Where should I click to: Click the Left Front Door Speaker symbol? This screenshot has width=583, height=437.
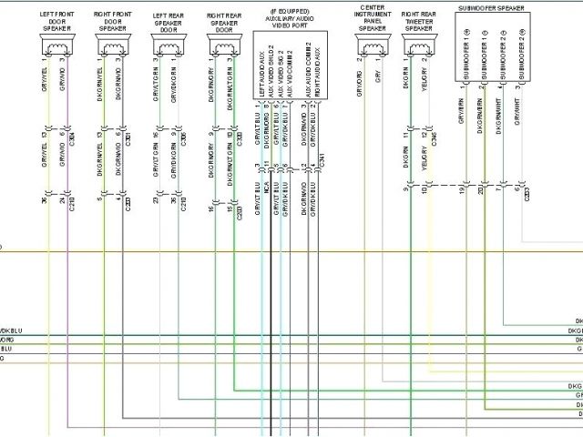pos(57,47)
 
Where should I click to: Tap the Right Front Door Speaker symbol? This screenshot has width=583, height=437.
pos(112,47)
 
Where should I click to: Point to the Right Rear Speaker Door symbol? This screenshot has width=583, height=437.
pos(223,47)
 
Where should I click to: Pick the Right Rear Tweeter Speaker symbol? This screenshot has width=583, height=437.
pos(418,47)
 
